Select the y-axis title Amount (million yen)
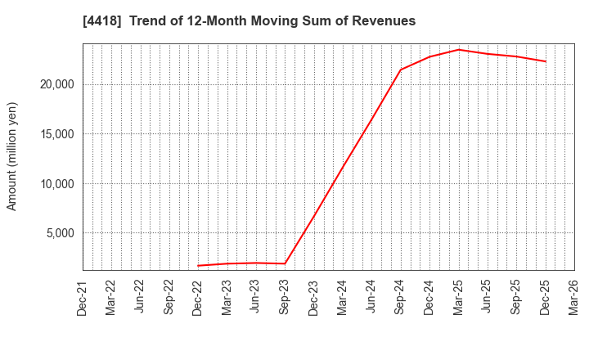12,156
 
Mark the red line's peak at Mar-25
458,49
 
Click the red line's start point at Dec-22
198,266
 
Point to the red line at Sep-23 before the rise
285,263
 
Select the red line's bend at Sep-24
400,70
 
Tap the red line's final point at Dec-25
545,61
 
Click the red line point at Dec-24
429,56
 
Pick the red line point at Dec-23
313,217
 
